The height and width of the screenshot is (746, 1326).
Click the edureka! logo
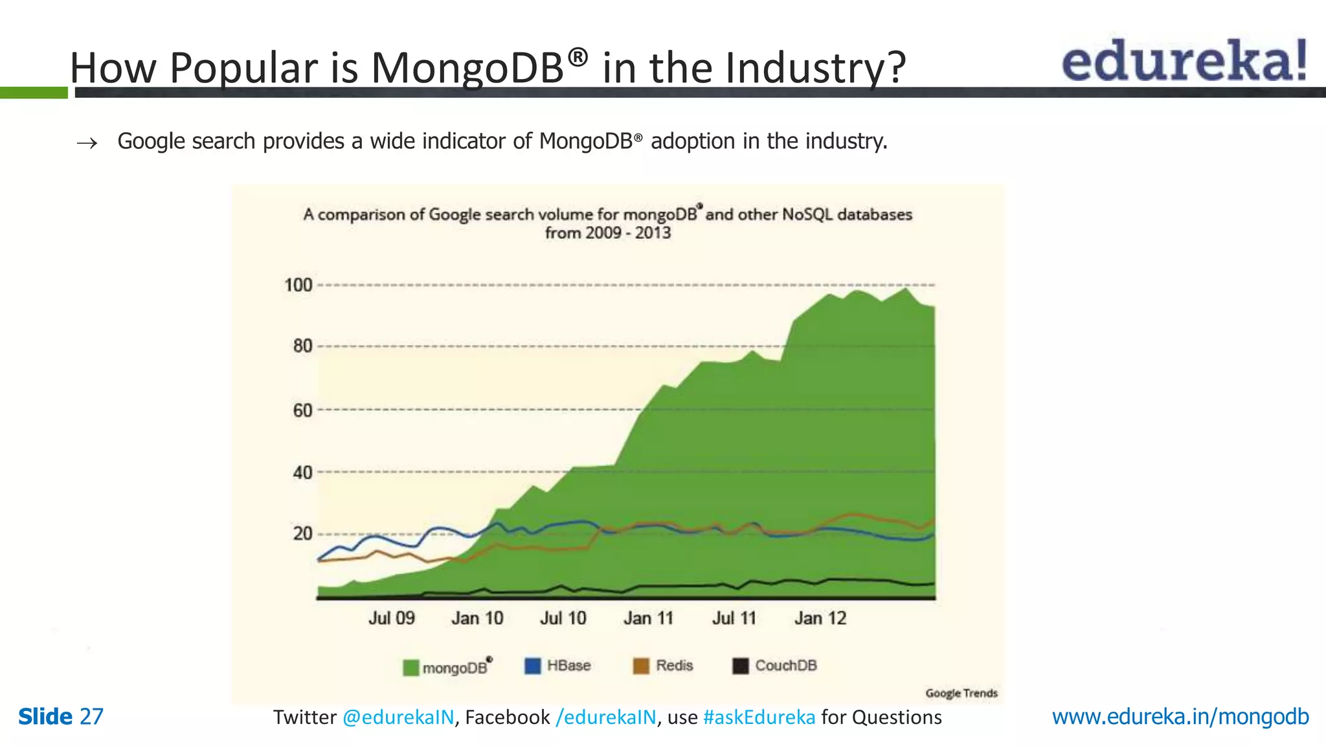(1184, 61)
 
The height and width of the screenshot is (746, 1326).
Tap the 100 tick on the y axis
(298, 285)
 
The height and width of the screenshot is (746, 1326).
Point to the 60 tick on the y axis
(302, 411)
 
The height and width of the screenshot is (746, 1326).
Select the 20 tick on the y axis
(302, 534)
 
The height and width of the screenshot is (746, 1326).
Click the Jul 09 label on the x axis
(391, 618)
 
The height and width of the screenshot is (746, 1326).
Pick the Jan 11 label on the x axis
(648, 618)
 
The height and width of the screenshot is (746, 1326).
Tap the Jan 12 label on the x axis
(820, 618)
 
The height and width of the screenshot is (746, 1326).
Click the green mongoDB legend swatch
(410, 668)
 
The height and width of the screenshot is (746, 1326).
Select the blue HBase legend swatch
(532, 666)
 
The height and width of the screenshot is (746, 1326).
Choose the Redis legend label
(674, 666)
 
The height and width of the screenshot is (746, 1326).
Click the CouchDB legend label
(785, 666)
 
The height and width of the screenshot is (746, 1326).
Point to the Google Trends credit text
(961, 694)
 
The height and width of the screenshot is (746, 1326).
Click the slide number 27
(91, 717)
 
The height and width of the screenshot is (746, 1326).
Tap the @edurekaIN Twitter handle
(398, 718)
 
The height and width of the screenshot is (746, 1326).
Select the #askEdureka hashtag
(759, 718)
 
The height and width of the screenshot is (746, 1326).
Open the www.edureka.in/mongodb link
(1180, 717)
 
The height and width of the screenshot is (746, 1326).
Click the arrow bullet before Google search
(87, 143)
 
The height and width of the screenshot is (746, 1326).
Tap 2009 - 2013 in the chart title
(627, 233)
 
